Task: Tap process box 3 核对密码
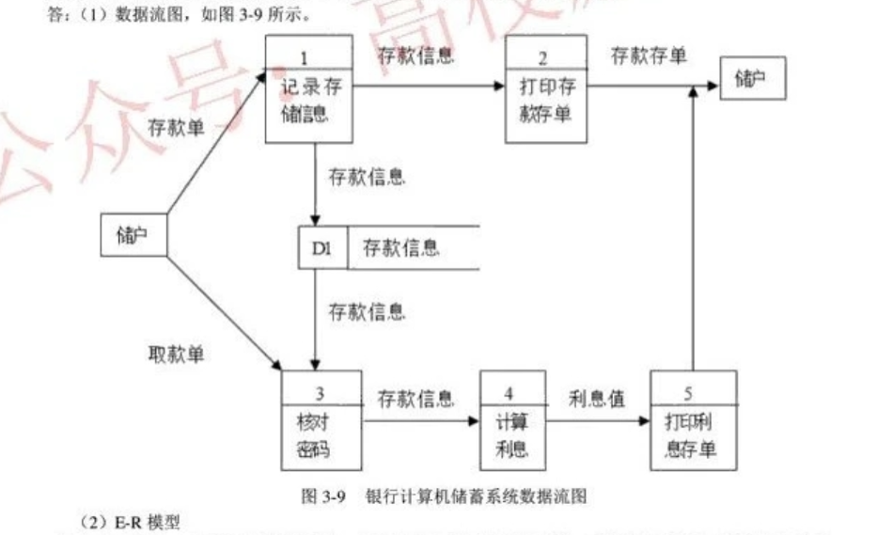point(321,419)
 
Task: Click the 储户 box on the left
point(134,235)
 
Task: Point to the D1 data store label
point(322,248)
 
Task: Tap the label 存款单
point(176,129)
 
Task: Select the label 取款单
point(176,354)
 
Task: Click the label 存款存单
point(649,55)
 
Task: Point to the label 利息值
point(596,399)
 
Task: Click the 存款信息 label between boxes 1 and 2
point(416,55)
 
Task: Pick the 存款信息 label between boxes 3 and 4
point(416,399)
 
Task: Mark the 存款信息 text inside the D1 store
point(401,248)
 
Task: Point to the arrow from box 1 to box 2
point(428,86)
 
